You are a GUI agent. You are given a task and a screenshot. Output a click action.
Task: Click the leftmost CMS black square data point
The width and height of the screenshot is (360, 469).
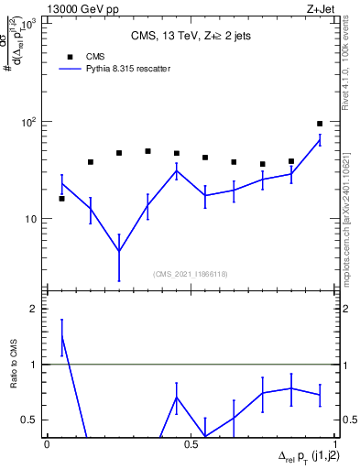[x=62, y=198]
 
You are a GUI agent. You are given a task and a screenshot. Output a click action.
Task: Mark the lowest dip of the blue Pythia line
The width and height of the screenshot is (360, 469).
[x=119, y=251]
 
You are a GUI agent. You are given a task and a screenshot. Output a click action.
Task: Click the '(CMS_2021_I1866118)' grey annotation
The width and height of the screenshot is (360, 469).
[x=191, y=274]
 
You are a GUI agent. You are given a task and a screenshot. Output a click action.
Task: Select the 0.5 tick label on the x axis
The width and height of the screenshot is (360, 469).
[x=191, y=443]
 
